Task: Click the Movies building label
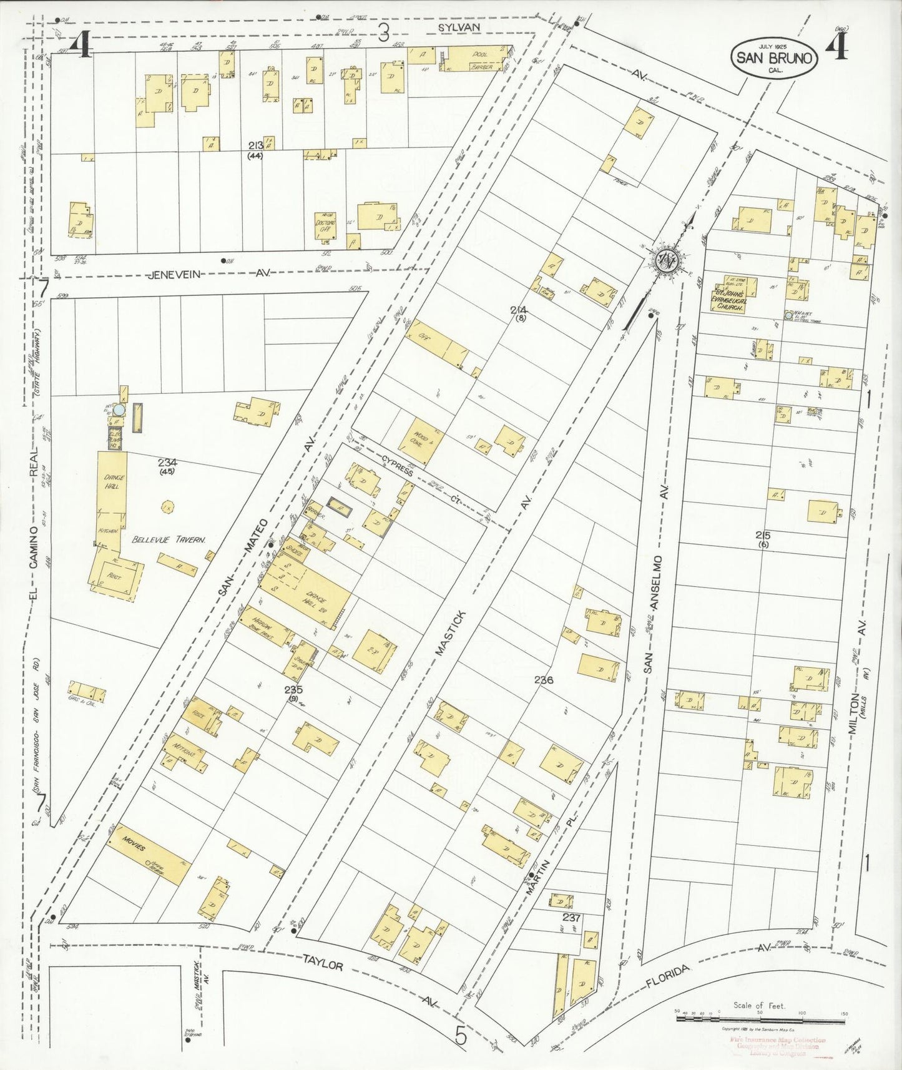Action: pyautogui.click(x=134, y=847)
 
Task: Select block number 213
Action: pyautogui.click(x=255, y=145)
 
